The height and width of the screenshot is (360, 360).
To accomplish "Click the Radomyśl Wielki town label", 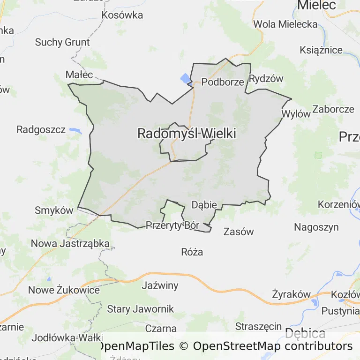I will (186, 134).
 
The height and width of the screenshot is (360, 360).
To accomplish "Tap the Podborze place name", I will (223, 82).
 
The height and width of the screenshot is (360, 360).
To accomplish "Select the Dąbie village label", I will (204, 205).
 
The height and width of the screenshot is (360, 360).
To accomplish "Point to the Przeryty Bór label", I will (172, 225).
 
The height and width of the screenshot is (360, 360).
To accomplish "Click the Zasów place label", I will (238, 232).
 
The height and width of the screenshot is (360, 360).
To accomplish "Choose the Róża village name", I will (192, 252).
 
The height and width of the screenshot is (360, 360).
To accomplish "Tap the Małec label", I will (79, 75).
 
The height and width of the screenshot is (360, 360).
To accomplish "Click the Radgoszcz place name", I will (41, 130).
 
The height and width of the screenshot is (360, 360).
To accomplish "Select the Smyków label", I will (54, 210).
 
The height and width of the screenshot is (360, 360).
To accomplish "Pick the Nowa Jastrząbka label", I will (70, 244).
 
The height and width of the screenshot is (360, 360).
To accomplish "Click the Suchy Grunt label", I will (62, 42).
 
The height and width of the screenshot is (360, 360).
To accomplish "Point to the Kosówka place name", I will (122, 15).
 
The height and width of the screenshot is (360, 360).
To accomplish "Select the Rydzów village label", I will (266, 79).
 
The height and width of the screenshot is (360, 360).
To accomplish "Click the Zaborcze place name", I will (333, 109).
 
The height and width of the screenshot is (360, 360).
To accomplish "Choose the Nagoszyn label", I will (316, 227).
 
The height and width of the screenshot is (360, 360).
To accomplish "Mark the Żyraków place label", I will (291, 294).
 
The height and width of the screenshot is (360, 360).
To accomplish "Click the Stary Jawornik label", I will (140, 309).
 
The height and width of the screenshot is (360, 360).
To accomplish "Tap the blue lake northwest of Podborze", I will (186, 78).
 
